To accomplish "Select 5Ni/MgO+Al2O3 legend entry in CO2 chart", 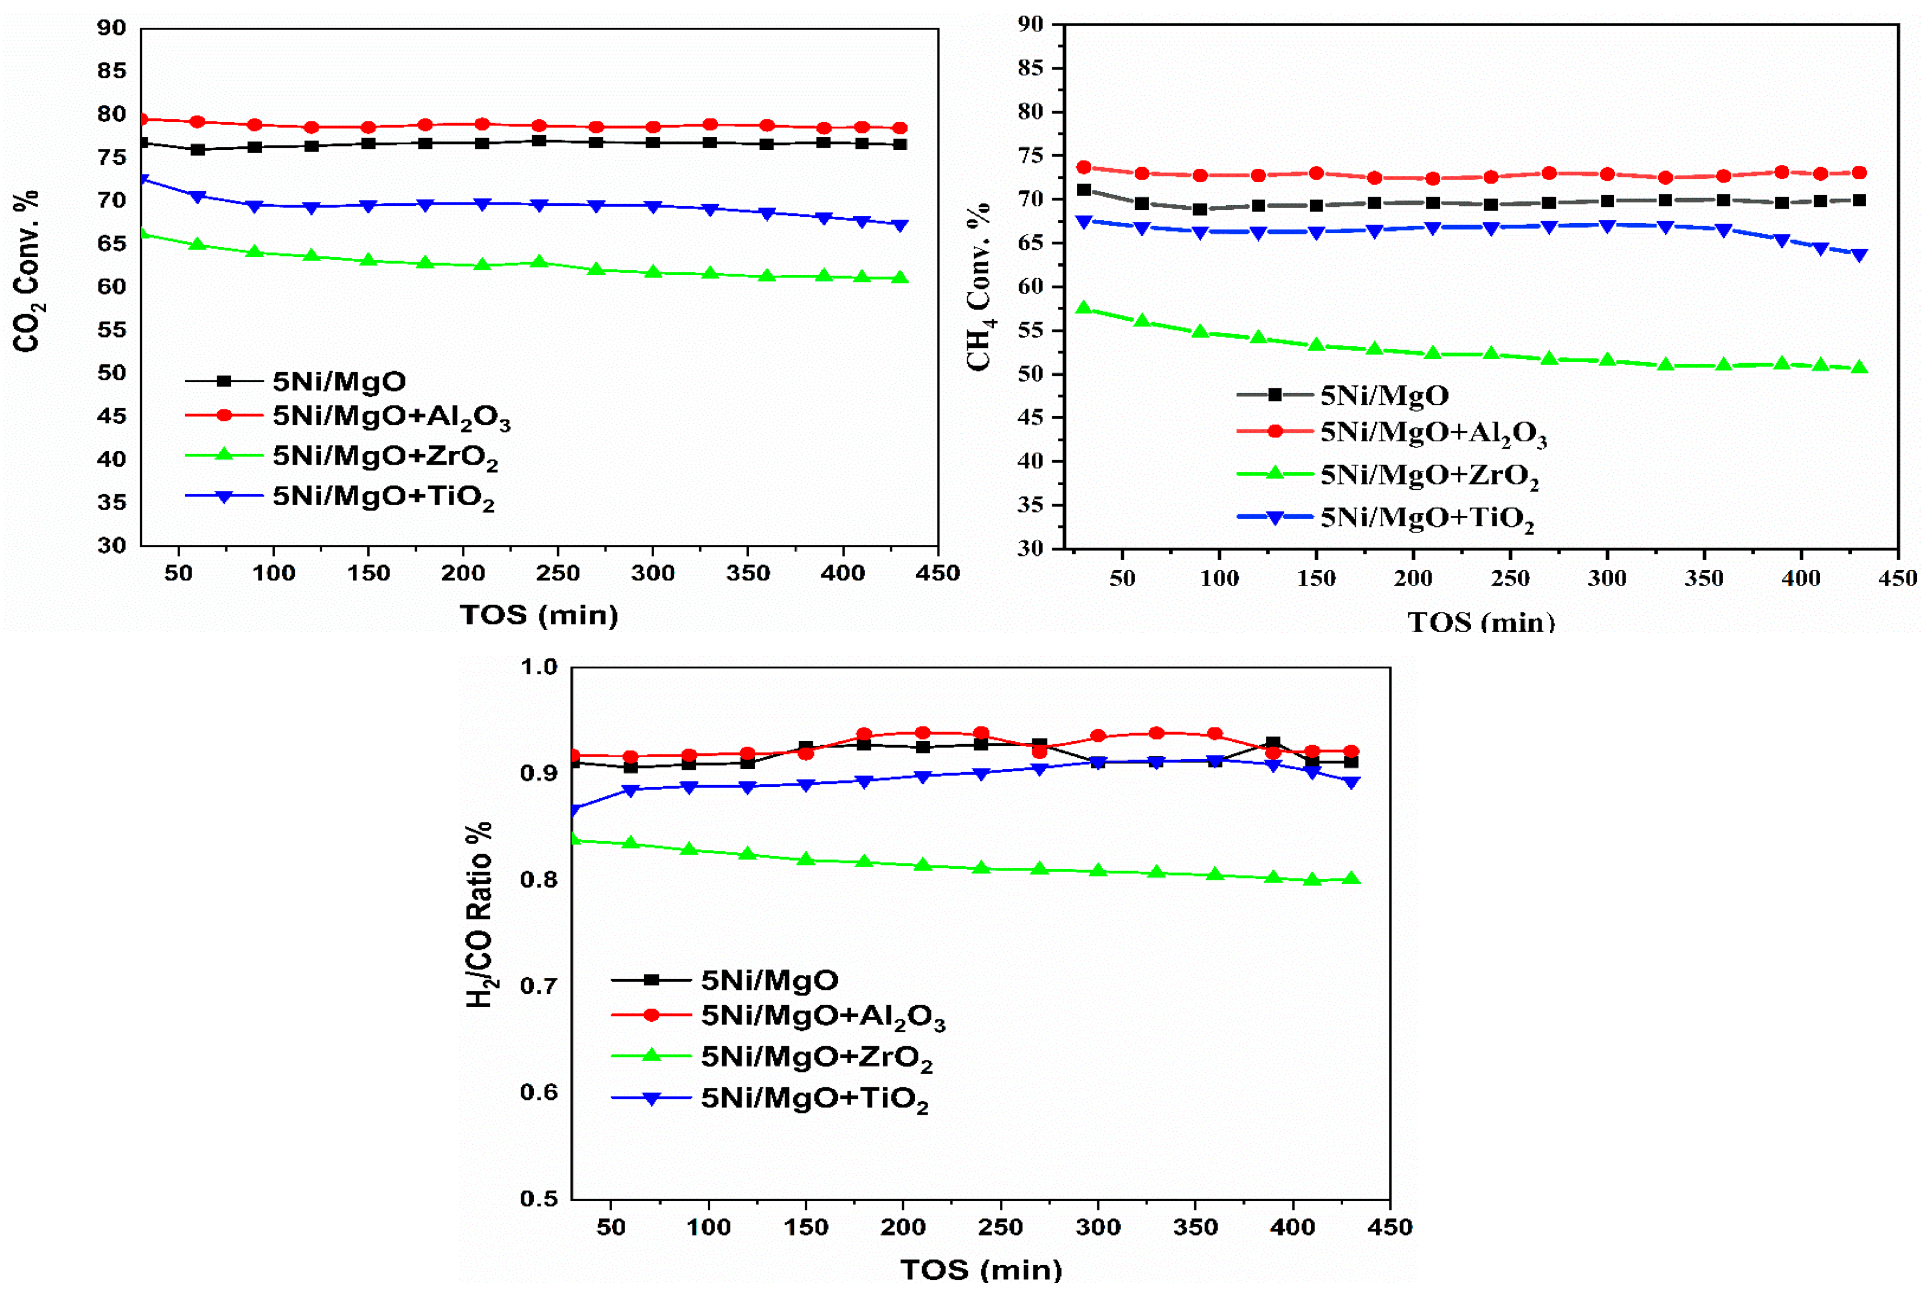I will click(x=391, y=417).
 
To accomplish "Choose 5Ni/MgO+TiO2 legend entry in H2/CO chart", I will click(x=814, y=1099).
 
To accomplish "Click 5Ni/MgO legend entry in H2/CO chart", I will click(x=769, y=980).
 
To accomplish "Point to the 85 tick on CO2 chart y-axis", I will click(x=111, y=71).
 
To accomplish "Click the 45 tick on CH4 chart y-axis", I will click(x=1031, y=418).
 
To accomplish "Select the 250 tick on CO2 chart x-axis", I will click(x=558, y=574).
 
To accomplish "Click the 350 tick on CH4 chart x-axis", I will click(x=1704, y=578).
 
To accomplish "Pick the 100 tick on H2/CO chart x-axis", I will click(x=709, y=1228).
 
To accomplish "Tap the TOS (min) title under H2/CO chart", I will click(x=980, y=1270).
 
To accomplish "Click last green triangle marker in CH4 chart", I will click(x=1859, y=368).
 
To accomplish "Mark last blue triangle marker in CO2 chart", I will click(x=900, y=225).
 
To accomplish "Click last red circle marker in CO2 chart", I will click(x=900, y=128).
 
